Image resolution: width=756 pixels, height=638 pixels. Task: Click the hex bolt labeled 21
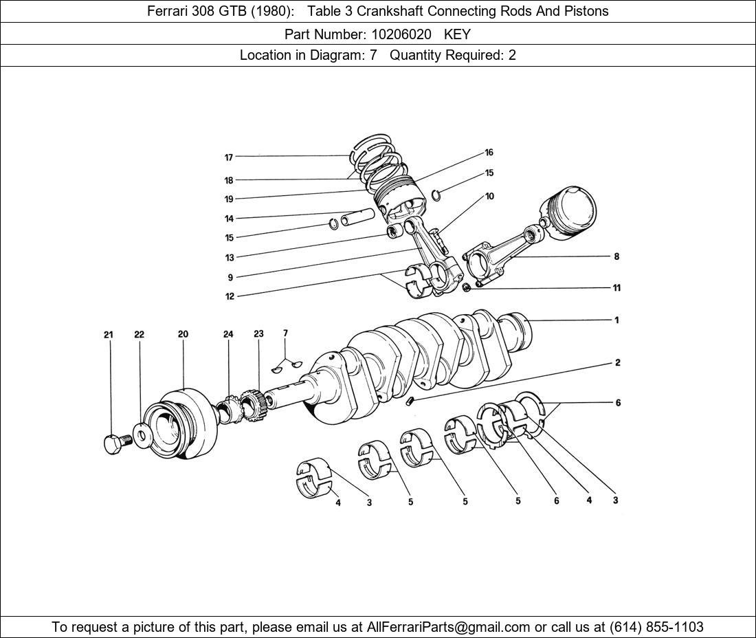[x=115, y=443]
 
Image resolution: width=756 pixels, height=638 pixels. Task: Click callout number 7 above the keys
[x=285, y=333]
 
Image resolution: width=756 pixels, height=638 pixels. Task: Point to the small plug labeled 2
[x=410, y=401]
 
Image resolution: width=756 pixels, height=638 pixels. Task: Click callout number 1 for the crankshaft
[x=616, y=320]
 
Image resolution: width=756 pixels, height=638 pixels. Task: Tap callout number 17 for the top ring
[x=229, y=157]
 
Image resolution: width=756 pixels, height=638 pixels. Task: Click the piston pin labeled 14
[x=357, y=217]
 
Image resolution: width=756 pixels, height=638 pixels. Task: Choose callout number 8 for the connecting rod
[x=616, y=256]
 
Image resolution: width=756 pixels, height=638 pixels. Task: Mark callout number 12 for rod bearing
[x=230, y=296]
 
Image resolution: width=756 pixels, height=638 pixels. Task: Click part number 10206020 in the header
[x=391, y=34]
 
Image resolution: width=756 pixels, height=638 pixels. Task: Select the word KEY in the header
[x=457, y=34]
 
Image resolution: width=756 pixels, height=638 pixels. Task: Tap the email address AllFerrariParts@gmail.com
[x=449, y=627]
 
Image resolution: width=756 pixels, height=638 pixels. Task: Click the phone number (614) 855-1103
[x=656, y=627]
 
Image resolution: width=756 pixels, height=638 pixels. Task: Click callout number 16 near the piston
[x=489, y=153]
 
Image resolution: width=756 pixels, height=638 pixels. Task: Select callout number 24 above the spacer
[x=228, y=334]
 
